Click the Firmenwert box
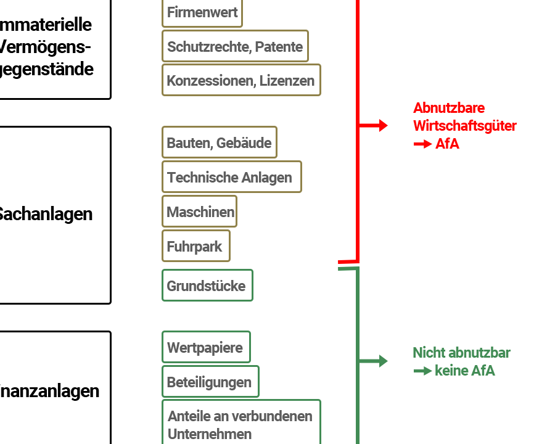coord(202,13)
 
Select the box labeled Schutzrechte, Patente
coord(235,46)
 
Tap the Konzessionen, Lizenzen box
coord(241,80)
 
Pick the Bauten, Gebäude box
coord(219,142)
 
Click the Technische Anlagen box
coord(231,177)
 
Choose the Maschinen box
coord(199,212)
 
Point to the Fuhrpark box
coord(195,246)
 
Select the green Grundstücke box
coord(207,286)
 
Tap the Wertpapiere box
coord(206,347)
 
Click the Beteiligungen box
coord(210,382)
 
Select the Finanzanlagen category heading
coord(49,391)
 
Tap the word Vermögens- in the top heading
coord(45,47)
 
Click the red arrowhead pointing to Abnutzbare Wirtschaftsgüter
coord(383,126)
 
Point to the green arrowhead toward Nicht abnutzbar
coord(383,361)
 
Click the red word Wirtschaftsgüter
coord(464,126)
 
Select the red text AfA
coord(447,144)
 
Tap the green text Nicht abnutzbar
coord(461,353)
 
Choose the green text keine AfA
coord(465,371)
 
